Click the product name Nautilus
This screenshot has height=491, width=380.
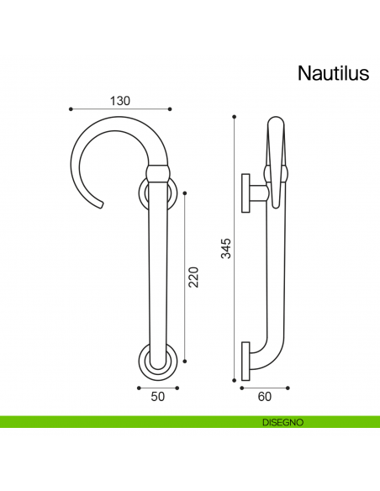tap(333, 74)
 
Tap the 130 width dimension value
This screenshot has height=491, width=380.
tap(120, 100)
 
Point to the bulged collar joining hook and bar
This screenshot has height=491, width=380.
tap(158, 174)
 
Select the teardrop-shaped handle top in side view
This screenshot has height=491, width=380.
tap(277, 143)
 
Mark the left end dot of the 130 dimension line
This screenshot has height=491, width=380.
tap(70, 108)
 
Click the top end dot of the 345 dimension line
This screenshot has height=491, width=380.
tap(235, 118)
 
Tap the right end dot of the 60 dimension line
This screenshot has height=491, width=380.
tap(288, 388)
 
